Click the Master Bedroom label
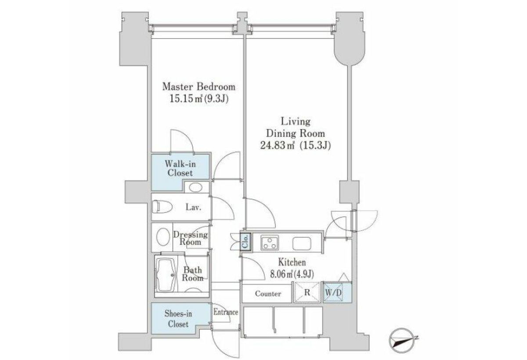199,87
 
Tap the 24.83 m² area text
278,146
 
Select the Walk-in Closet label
180,168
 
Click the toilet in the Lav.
162,207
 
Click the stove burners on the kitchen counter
270,242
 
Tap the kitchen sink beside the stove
302,243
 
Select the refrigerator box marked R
307,292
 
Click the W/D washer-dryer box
333,292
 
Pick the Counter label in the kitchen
268,294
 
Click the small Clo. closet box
245,242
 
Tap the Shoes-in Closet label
178,319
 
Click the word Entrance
226,312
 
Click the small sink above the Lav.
195,187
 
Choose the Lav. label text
193,207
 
